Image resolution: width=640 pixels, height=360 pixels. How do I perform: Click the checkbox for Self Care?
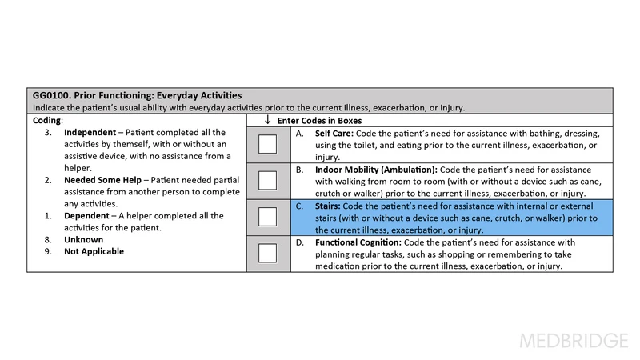pos(268,144)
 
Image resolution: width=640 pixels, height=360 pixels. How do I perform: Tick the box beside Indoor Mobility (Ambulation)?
pos(268,180)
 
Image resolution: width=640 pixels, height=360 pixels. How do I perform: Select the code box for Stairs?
pos(268,218)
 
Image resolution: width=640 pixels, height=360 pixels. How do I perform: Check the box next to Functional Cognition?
pos(268,254)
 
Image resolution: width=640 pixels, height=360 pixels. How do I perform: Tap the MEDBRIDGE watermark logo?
pos(574,340)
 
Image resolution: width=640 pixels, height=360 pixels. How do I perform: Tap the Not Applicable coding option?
pos(94,251)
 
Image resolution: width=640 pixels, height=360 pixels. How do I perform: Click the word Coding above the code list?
pos(46,120)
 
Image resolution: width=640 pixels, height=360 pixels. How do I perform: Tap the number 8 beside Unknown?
pos(47,239)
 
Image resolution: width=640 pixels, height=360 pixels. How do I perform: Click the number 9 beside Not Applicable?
pos(47,251)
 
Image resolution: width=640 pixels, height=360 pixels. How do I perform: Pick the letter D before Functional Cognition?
pos(300,242)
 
